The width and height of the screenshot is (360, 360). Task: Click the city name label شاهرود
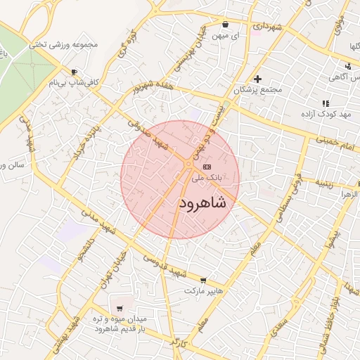coord(202,203)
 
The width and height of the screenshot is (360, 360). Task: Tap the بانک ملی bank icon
coord(206,167)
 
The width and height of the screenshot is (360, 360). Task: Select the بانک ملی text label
coord(207,179)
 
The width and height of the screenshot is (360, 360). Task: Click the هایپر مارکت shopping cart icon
coord(204,279)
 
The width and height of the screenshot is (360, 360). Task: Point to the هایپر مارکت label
coord(204,290)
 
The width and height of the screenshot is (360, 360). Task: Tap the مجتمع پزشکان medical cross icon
coord(258,79)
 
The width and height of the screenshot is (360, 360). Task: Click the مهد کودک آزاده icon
coord(325,103)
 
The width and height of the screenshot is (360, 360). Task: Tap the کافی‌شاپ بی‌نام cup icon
coord(75,72)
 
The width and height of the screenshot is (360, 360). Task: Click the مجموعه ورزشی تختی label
coord(67,45)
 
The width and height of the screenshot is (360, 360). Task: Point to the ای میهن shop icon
coord(225,24)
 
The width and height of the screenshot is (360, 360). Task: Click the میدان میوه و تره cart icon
coord(120,308)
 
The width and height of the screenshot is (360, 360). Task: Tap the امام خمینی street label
coord(337,143)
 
